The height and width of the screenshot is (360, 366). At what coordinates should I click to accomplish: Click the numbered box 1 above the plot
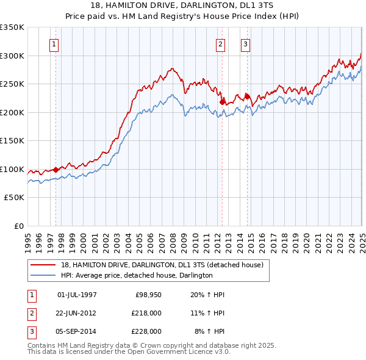(54, 44)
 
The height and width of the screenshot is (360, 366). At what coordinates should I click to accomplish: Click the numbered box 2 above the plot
(220, 44)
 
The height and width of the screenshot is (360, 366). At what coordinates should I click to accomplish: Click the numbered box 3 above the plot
(245, 44)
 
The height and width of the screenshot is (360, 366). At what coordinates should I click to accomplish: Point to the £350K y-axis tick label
(12, 27)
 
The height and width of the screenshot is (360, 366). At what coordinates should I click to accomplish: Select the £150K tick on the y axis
(12, 141)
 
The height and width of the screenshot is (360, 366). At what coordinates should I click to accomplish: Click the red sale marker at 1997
(56, 170)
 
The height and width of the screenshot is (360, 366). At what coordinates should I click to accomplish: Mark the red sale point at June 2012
(222, 102)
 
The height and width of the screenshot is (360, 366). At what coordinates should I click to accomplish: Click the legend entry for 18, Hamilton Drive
(162, 265)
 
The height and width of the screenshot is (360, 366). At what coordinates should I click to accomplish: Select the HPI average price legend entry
(136, 275)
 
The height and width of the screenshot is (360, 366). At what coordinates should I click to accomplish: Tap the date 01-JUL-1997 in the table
(77, 295)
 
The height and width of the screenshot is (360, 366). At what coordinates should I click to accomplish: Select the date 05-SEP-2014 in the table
(77, 331)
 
